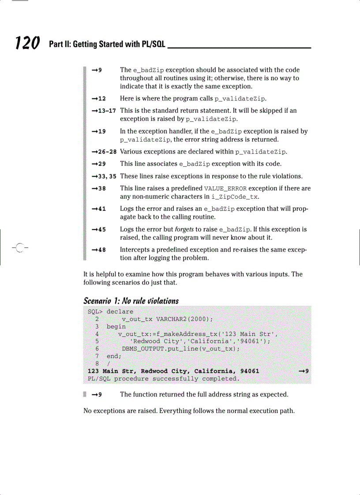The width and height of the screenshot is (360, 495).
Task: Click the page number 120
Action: (x=27, y=43)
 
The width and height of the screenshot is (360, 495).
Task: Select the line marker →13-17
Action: (x=104, y=111)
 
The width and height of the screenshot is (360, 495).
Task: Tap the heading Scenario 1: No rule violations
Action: (x=131, y=301)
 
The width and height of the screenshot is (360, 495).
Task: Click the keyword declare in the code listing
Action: (x=120, y=312)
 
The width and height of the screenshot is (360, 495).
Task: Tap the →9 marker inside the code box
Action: (x=304, y=371)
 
